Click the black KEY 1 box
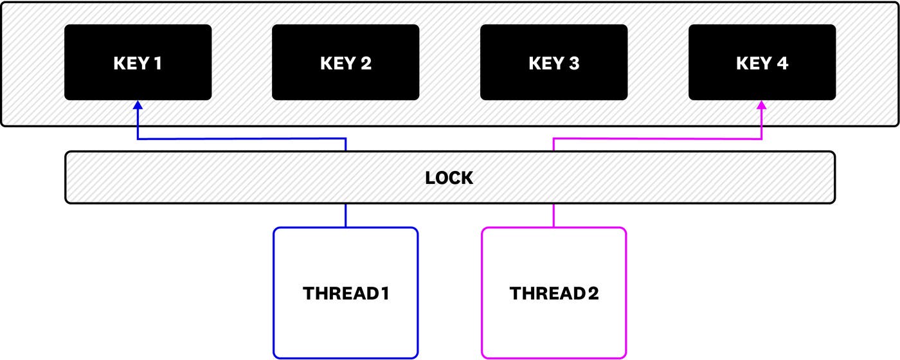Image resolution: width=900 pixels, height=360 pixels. (138, 62)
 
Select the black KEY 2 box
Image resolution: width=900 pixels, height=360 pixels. (345, 62)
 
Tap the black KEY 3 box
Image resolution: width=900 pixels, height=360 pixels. (553, 62)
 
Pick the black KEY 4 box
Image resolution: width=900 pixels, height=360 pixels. (762, 62)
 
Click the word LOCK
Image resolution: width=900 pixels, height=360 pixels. (449, 178)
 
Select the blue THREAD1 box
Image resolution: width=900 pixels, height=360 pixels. (346, 292)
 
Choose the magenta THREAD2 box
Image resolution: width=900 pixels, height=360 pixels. (554, 292)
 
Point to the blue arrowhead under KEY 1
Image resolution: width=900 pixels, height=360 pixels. (138, 105)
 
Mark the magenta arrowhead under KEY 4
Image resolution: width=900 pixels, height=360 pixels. (762, 105)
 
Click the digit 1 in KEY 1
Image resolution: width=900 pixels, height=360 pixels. (158, 63)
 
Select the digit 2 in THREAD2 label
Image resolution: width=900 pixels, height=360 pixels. (593, 294)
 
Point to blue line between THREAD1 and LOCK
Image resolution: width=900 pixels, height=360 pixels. (346, 215)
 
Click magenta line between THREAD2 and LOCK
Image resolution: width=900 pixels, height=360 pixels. (554, 215)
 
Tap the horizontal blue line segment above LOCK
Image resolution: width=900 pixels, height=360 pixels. (242, 138)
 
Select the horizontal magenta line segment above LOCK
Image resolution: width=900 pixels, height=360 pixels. (658, 138)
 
